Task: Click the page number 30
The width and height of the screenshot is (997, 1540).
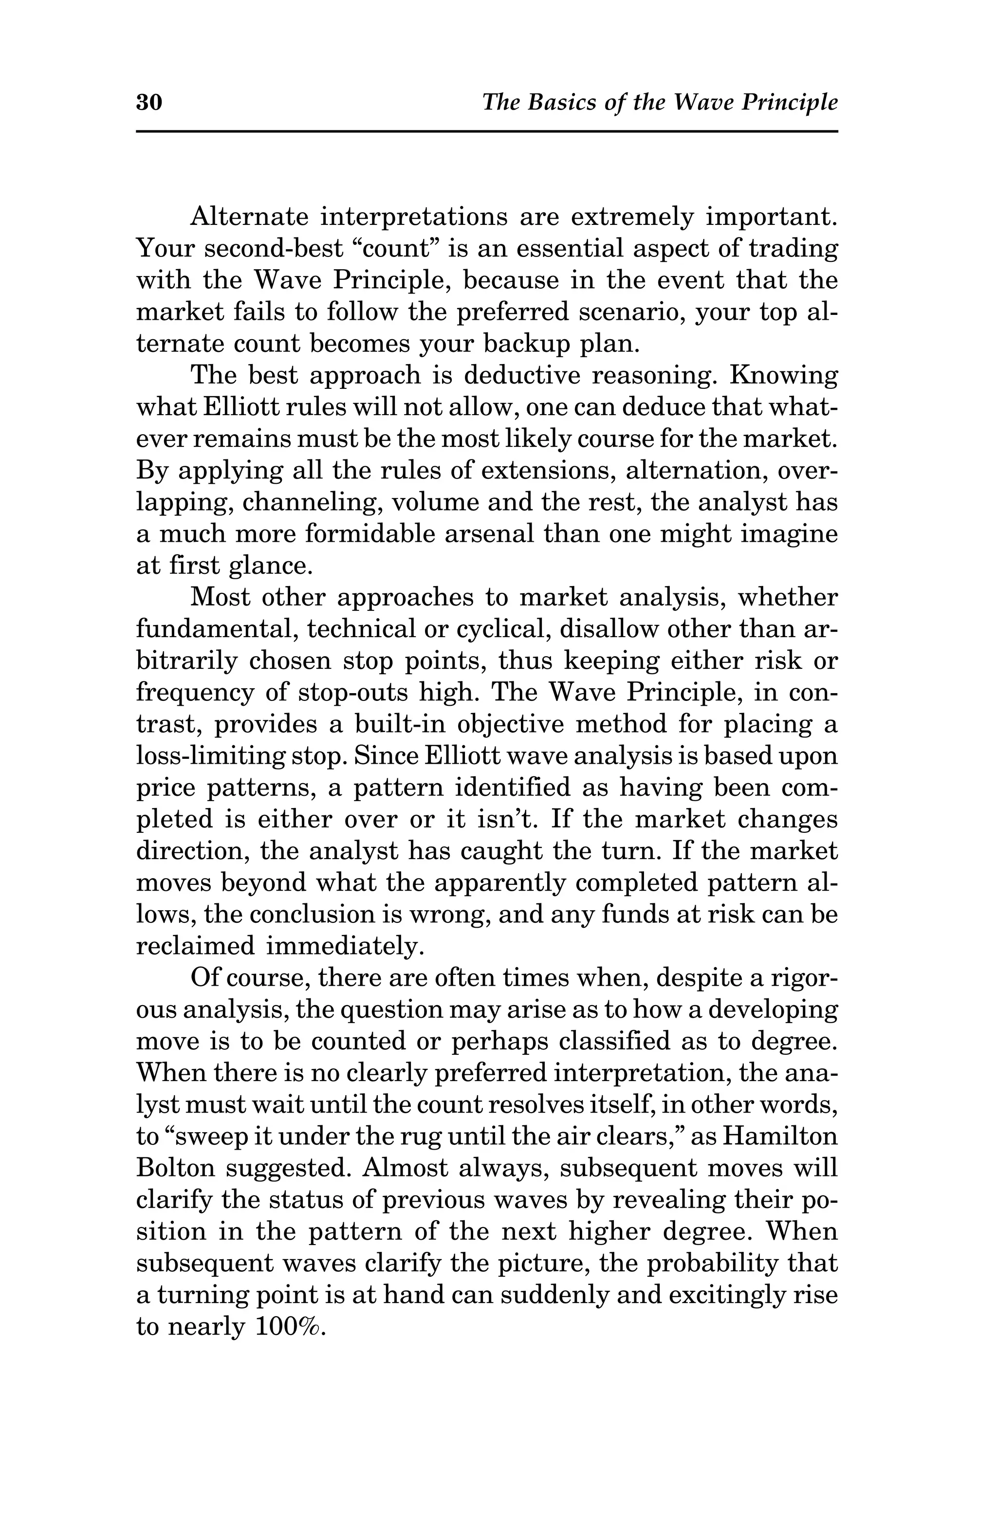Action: tap(149, 102)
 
